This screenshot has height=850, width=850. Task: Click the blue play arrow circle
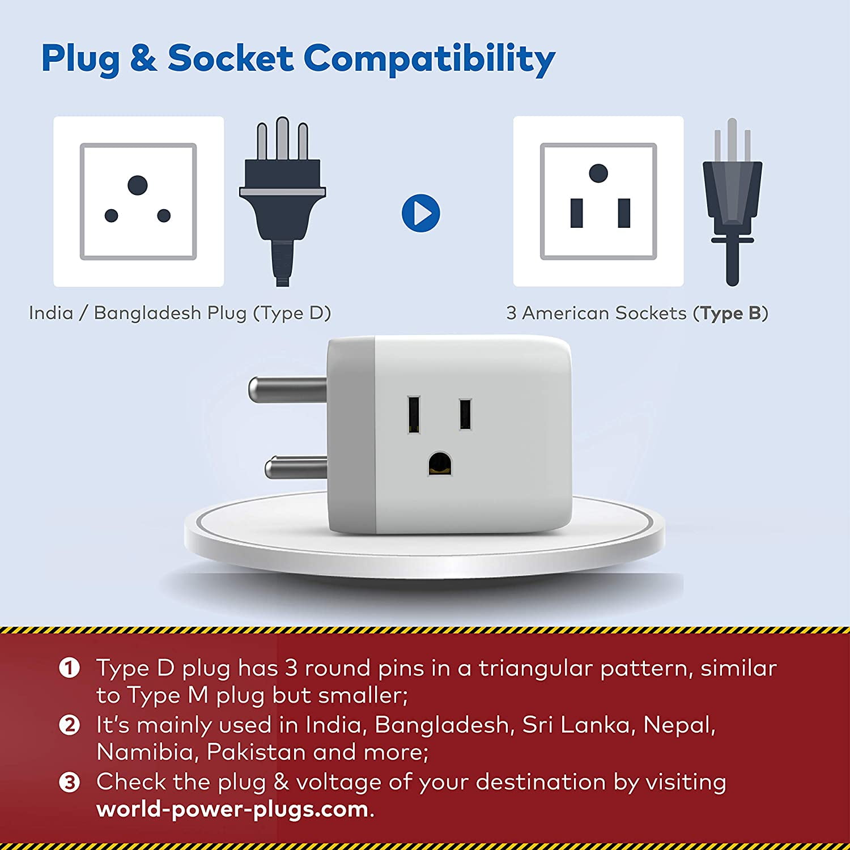point(420,213)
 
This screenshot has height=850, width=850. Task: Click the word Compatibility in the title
point(429,59)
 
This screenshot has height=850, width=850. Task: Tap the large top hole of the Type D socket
point(138,185)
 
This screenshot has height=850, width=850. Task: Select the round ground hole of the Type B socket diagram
point(598,173)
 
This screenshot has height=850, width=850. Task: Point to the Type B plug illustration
point(732,202)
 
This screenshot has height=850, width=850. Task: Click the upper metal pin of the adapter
point(288,389)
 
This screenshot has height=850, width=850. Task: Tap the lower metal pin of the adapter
point(296,467)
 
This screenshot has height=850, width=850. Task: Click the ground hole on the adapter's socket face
point(440,464)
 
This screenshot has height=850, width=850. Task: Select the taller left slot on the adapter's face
point(414,415)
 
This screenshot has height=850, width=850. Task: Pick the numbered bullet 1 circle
point(69,668)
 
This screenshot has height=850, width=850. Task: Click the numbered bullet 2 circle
point(69,725)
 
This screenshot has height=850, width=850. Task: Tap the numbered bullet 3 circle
point(69,783)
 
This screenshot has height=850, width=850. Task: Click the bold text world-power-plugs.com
point(232,810)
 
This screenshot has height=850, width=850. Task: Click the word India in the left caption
point(51,313)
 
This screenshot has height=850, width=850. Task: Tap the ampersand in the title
point(144,58)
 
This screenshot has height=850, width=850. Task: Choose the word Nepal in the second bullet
point(679,726)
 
